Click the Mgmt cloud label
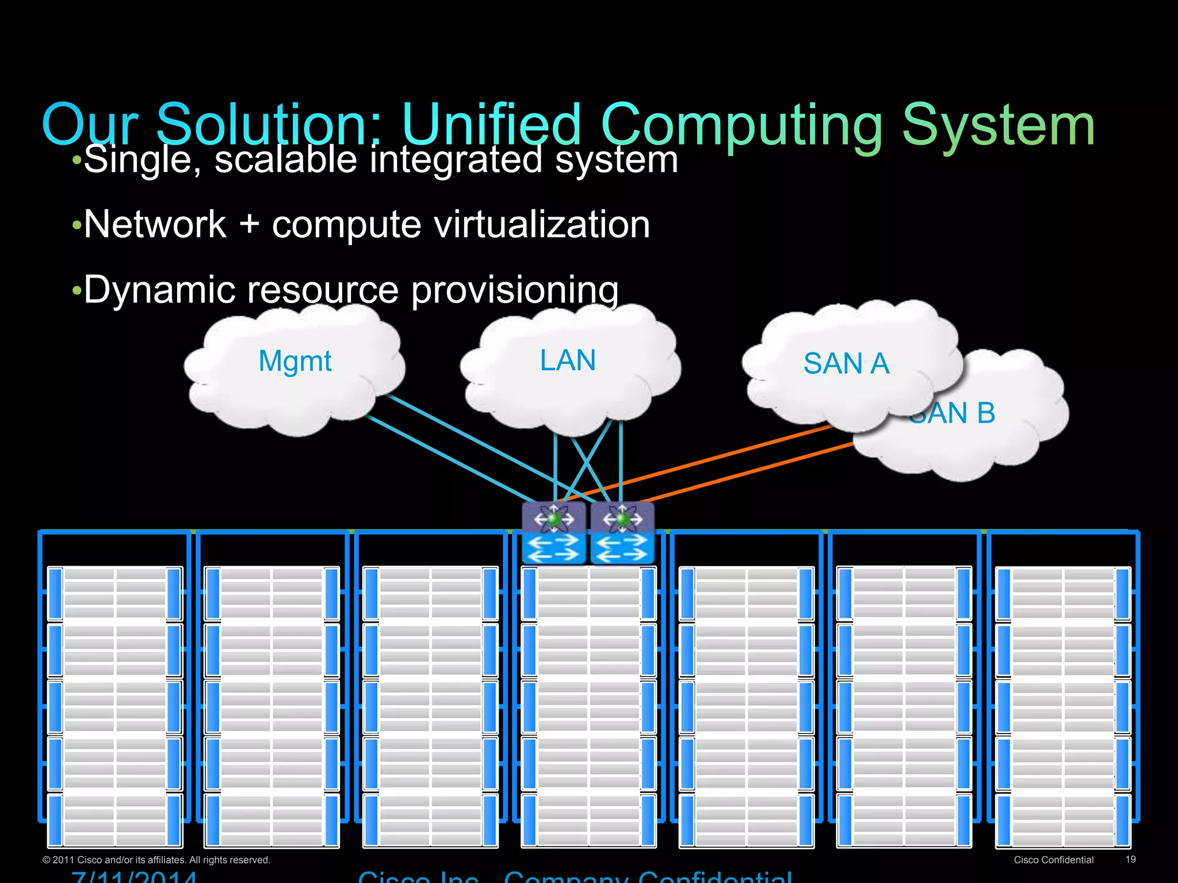(x=295, y=362)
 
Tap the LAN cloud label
(x=568, y=360)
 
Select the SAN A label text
(x=846, y=363)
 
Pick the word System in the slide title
(x=998, y=125)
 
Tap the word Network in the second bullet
(x=155, y=224)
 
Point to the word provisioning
(x=515, y=290)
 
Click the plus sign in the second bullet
(x=249, y=224)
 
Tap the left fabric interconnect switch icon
(x=554, y=533)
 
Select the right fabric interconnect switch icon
(x=622, y=533)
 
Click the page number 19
(x=1130, y=859)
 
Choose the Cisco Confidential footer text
(x=1053, y=860)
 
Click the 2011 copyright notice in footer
(x=156, y=860)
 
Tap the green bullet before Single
(x=77, y=160)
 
